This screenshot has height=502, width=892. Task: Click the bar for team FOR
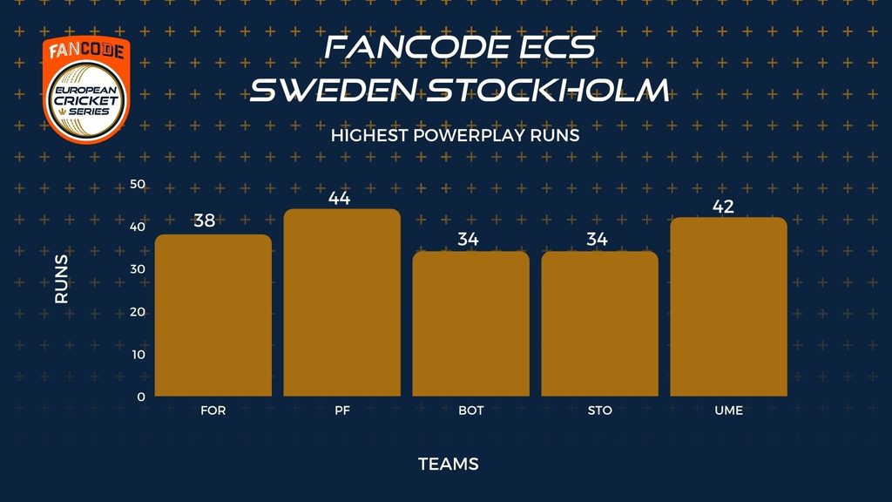tap(213, 315)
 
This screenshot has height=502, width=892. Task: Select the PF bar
tap(341, 302)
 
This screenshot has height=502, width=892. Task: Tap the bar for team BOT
tap(471, 324)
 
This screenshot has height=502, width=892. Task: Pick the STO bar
tap(599, 324)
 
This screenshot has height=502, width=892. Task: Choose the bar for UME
tap(729, 307)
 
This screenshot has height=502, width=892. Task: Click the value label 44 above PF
tap(339, 198)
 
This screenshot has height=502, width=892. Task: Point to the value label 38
tap(205, 220)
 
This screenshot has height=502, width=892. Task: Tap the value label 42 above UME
tap(723, 207)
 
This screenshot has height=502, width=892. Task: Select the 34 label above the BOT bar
tap(468, 239)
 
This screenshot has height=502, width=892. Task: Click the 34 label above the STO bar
tap(597, 239)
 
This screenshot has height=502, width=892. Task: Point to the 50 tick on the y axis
tap(138, 184)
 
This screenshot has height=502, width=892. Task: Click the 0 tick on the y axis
tap(141, 397)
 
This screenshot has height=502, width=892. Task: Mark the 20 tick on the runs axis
tap(138, 312)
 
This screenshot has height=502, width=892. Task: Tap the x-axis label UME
tap(729, 410)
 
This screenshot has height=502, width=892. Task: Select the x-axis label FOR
tap(213, 410)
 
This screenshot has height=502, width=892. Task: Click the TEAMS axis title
tap(449, 464)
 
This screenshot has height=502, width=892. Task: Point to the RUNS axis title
tap(62, 279)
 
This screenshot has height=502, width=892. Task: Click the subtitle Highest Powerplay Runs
tap(455, 135)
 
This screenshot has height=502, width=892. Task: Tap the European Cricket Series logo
tap(86, 90)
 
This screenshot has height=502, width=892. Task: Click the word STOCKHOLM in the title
tap(548, 90)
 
